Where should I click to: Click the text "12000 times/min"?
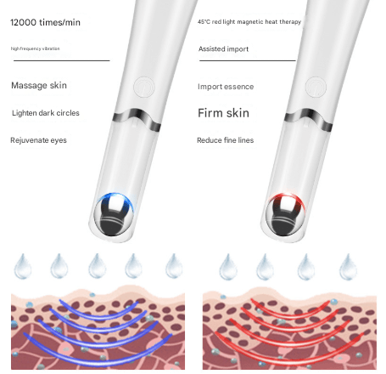click(x=45, y=22)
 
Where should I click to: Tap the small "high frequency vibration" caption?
click(x=36, y=48)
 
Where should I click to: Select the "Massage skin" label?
click(x=39, y=85)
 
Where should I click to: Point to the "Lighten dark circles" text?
click(x=46, y=113)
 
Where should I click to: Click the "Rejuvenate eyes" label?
click(x=38, y=140)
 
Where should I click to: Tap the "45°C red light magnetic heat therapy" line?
click(x=249, y=22)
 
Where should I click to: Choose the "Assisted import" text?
click(x=223, y=49)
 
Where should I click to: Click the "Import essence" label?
click(x=226, y=87)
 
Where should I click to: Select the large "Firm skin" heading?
click(x=223, y=113)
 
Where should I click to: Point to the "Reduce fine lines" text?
click(x=225, y=140)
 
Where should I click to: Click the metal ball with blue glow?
click(x=114, y=214)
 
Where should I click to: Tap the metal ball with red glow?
click(x=286, y=214)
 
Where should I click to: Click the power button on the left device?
click(x=144, y=87)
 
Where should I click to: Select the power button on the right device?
click(x=316, y=87)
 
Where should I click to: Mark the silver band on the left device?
click(x=137, y=119)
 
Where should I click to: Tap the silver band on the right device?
click(x=309, y=119)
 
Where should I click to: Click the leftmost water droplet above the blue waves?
click(x=23, y=266)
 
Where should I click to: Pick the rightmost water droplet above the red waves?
click(x=348, y=267)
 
